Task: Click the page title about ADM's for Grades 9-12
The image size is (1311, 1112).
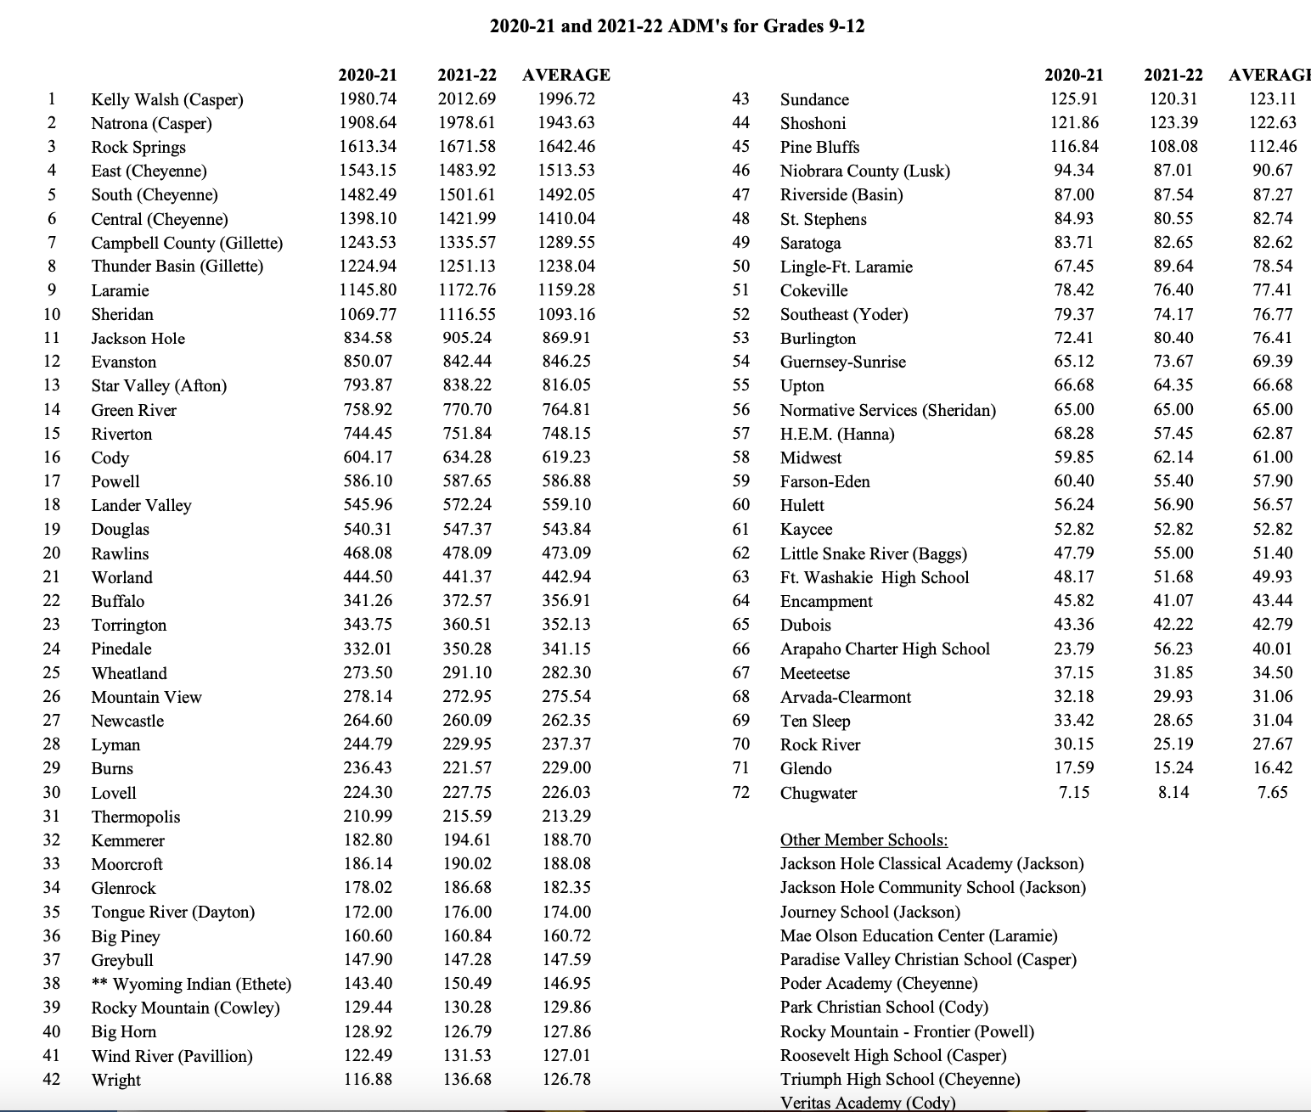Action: (678, 25)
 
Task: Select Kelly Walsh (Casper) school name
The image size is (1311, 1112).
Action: (167, 99)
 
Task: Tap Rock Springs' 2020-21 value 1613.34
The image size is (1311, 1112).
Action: (368, 147)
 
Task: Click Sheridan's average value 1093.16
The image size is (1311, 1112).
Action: (566, 314)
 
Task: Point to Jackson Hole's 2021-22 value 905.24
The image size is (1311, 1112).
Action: (467, 338)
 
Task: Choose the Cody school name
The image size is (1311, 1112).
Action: (110, 458)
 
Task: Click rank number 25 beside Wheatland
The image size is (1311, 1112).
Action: (52, 672)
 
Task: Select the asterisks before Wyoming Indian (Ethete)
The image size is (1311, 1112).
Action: (99, 984)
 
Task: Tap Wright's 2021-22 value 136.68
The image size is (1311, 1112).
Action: (467, 1080)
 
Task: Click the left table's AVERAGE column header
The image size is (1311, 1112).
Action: (566, 75)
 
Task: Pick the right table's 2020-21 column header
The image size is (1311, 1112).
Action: (1074, 75)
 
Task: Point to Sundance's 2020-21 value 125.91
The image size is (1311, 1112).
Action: (1074, 99)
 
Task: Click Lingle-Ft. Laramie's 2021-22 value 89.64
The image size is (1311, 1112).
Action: (1173, 267)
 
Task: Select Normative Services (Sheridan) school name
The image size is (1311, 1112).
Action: (888, 410)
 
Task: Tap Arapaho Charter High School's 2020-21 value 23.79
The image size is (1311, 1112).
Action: (1074, 649)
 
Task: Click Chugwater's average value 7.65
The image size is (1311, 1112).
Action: (1273, 792)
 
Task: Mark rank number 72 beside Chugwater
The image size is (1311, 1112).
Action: (741, 792)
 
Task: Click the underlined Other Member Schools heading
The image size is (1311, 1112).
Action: (864, 840)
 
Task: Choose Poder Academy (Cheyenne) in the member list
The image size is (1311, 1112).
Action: (879, 983)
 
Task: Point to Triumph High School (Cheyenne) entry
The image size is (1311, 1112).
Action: (900, 1079)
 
